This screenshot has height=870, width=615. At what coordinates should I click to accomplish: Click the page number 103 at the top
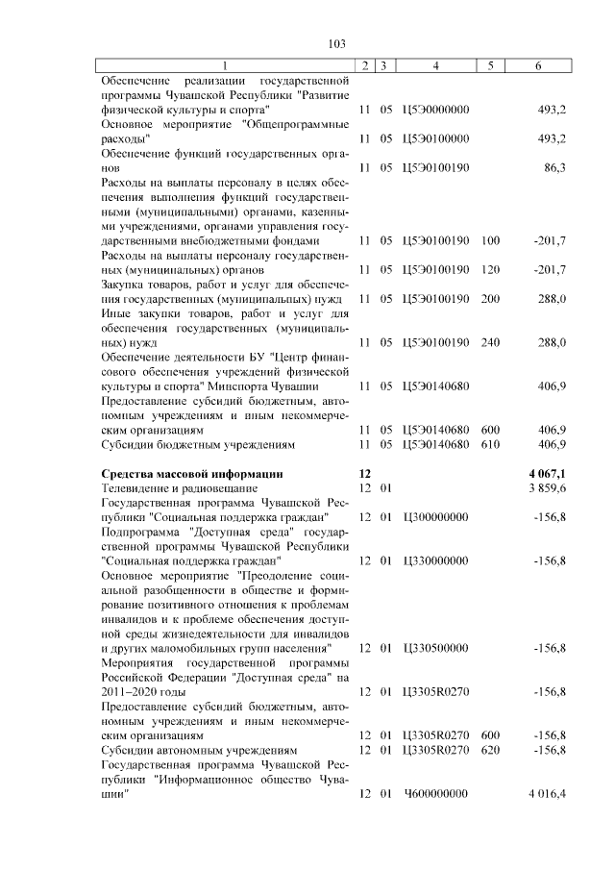[335, 43]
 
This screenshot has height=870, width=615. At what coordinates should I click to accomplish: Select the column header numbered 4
[436, 65]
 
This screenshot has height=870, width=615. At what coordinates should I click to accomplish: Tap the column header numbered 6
[537, 65]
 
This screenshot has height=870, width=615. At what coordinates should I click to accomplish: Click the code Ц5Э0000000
[436, 109]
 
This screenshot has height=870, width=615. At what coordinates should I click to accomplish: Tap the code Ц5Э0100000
[436, 138]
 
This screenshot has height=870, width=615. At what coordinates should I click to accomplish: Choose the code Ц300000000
[436, 517]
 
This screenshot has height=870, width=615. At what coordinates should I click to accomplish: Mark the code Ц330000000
[436, 559]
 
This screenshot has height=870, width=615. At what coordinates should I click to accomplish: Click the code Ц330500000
[436, 648]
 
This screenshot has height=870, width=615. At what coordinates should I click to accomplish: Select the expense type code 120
[490, 269]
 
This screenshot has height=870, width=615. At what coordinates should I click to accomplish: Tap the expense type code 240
[490, 341]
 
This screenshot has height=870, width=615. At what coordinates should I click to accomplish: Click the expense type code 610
[490, 444]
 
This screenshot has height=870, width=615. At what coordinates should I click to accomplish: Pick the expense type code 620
[490, 750]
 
